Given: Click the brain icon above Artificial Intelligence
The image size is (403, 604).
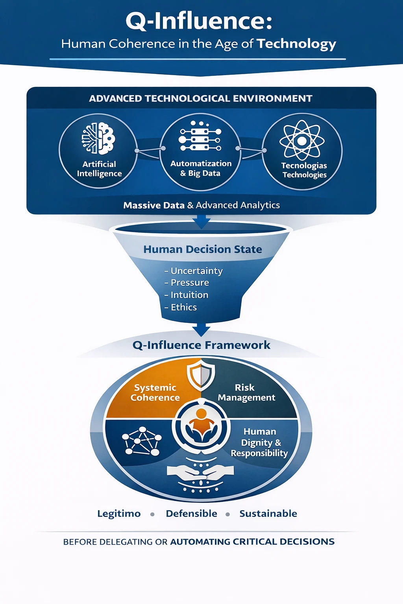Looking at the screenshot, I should pyautogui.click(x=98, y=138).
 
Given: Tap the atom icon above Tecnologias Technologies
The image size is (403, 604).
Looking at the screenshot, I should pyautogui.click(x=302, y=140).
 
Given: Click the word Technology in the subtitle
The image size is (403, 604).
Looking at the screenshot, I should pyautogui.click(x=296, y=44).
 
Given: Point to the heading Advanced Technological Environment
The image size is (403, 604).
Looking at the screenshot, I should pyautogui.click(x=201, y=98).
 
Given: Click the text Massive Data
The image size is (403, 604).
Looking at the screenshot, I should pyautogui.click(x=154, y=205).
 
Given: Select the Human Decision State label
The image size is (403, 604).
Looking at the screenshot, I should pyautogui.click(x=202, y=249).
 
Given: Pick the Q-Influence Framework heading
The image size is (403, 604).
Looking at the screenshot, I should pyautogui.click(x=201, y=345).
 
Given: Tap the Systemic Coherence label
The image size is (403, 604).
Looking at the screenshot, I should pyautogui.click(x=155, y=392).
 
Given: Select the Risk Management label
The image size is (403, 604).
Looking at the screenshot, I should pyautogui.click(x=246, y=392).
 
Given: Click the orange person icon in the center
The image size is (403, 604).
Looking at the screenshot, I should pyautogui.click(x=201, y=424).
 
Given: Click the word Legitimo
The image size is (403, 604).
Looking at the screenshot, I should pyautogui.click(x=119, y=514).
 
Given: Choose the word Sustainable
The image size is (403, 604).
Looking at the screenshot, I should pyautogui.click(x=268, y=514).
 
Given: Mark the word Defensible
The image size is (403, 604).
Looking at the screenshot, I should pyautogui.click(x=191, y=514).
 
